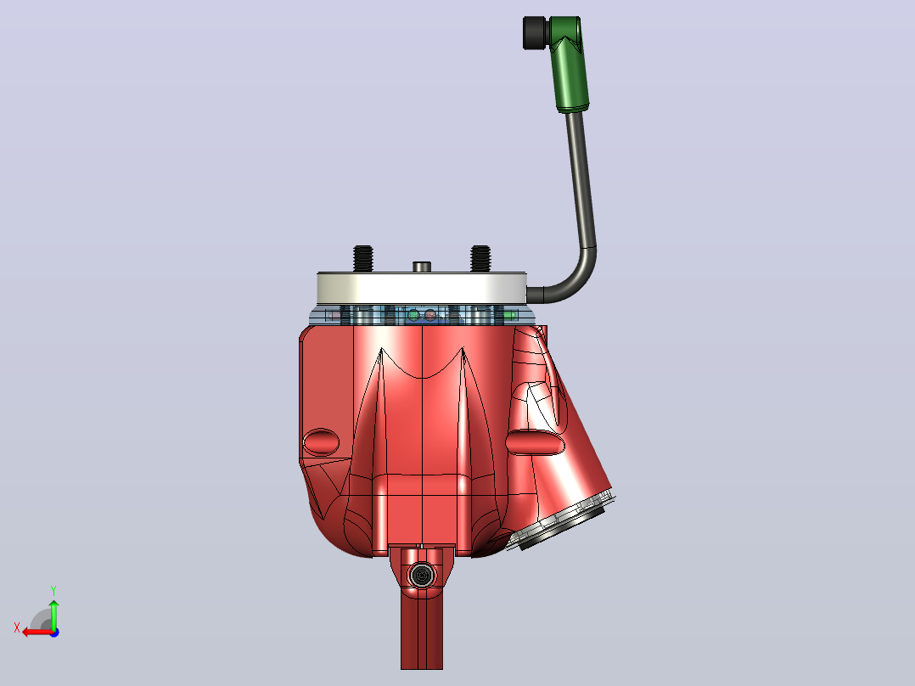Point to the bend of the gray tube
(580, 278)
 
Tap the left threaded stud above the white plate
(363, 259)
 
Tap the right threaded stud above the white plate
(480, 259)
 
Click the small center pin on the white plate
(421, 267)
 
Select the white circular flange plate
(422, 289)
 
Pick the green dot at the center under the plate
(413, 315)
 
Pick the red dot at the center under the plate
(430, 315)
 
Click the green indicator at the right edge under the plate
(510, 315)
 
